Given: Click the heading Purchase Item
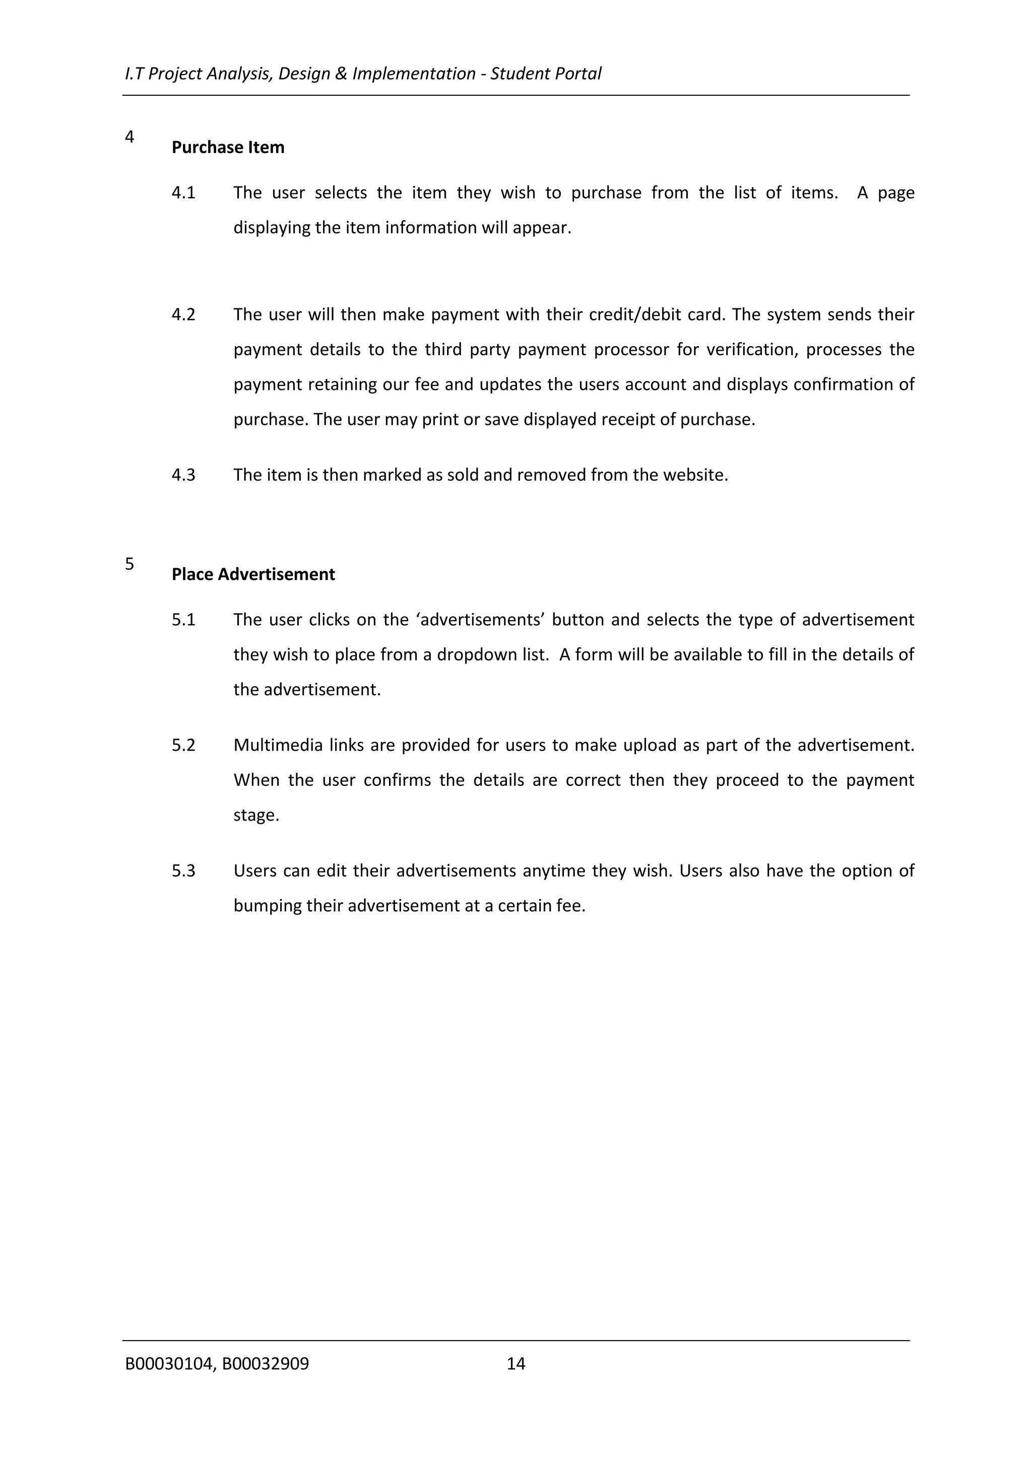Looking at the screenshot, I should pyautogui.click(x=227, y=148).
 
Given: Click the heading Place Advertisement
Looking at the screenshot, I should pyautogui.click(x=253, y=574).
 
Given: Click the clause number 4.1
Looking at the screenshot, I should pyautogui.click(x=183, y=192).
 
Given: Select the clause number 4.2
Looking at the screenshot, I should pyautogui.click(x=183, y=314).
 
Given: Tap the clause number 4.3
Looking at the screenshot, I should pyautogui.click(x=183, y=475).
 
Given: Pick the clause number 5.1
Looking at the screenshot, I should pyautogui.click(x=183, y=620).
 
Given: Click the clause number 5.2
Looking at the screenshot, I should pyautogui.click(x=183, y=745).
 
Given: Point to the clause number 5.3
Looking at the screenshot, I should pyautogui.click(x=183, y=871).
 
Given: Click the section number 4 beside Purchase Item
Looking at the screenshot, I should pyautogui.click(x=130, y=137).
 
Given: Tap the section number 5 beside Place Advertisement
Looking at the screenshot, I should pyautogui.click(x=130, y=564).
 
